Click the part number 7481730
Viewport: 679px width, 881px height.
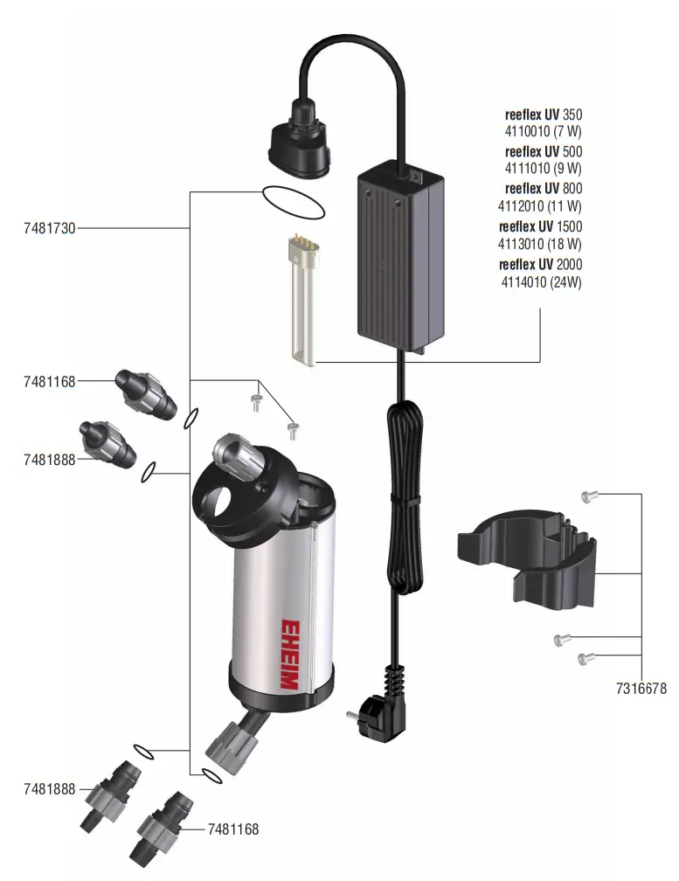50,228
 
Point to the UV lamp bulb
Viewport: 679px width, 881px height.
301,302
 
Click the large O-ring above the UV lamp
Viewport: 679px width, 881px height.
294,204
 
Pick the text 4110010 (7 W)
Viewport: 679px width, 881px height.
543,131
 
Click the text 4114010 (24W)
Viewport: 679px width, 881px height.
541,282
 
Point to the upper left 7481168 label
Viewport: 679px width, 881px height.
50,381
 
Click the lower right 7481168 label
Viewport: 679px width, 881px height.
233,829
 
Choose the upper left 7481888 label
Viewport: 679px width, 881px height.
50,459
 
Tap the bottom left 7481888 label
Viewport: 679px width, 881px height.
50,789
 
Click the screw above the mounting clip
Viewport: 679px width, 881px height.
586,496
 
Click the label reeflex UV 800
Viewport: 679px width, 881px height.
543,189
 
